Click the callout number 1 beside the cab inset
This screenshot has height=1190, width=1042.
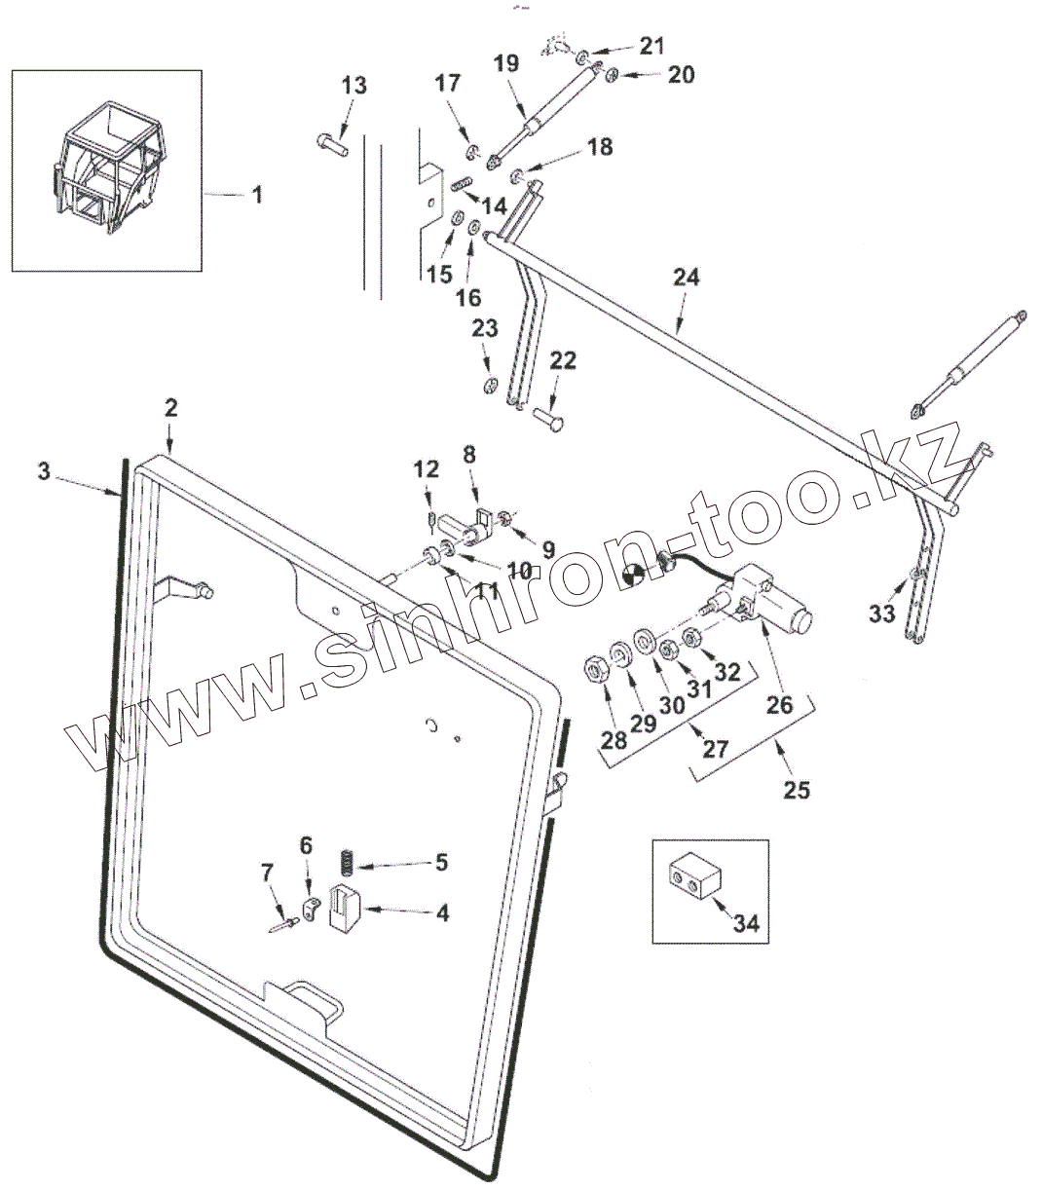257,195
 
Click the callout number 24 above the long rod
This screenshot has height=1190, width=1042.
686,279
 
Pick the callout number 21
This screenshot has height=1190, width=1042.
651,45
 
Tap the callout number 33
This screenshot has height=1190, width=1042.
881,614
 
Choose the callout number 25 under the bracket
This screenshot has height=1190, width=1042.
797,789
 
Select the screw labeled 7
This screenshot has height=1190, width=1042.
282,925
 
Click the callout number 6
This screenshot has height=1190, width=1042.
306,845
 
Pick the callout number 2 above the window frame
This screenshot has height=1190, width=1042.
170,409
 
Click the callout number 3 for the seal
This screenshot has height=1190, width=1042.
43,471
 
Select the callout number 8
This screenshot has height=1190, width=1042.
469,454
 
